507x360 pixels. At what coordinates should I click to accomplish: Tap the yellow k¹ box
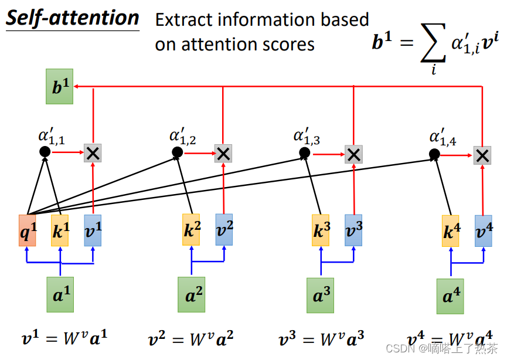click(60, 230)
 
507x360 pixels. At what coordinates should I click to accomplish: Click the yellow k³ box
click(321, 230)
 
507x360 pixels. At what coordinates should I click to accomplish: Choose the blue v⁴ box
click(484, 230)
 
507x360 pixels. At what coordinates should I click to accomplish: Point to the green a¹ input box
click(60, 294)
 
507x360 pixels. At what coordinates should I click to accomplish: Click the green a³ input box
click(320, 294)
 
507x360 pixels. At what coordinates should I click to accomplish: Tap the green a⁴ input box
click(450, 296)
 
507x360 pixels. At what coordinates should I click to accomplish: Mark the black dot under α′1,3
click(305, 154)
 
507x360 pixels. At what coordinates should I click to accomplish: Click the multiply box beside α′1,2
click(223, 154)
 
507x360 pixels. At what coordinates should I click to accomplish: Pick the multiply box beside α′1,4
click(482, 155)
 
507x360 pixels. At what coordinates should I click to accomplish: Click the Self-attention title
click(73, 18)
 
